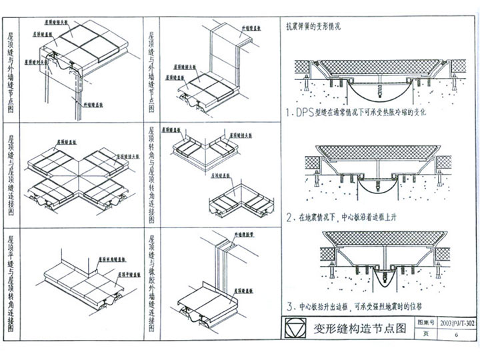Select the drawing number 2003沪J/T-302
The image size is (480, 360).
(456, 323)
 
